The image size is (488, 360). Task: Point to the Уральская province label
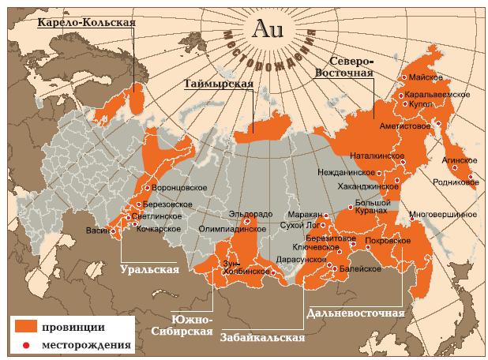point(149,268)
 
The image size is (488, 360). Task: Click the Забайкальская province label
point(262,338)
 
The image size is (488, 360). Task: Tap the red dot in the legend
point(25,344)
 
